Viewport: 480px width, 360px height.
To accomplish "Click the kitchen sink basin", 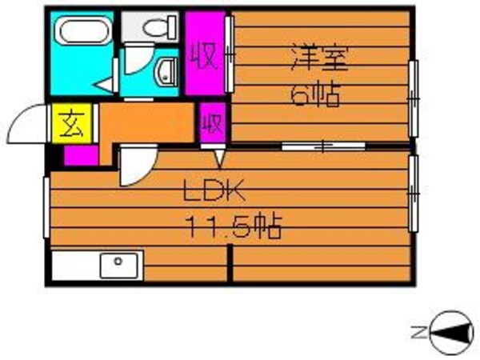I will tap(120, 263).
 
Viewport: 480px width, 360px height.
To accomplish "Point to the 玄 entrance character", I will tap(67, 126).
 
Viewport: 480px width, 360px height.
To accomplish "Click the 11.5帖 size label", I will tap(234, 230).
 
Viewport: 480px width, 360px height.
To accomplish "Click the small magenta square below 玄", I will tap(80, 155).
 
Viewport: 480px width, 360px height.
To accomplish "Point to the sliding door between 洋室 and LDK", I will tap(322, 146).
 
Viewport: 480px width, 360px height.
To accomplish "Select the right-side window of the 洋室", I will tap(414, 98).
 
